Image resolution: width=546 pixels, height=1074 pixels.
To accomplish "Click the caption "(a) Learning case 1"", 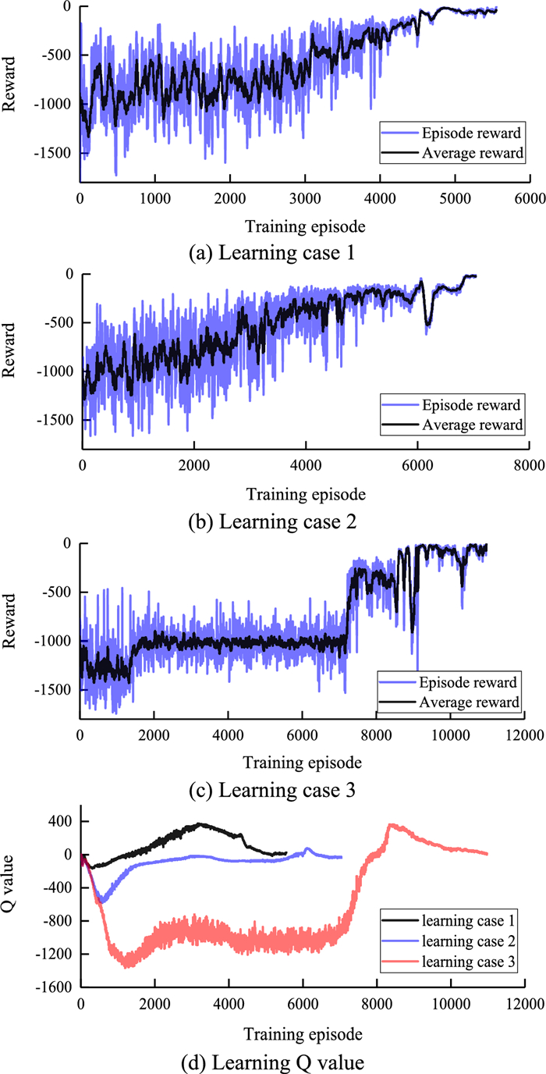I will coord(273,254).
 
